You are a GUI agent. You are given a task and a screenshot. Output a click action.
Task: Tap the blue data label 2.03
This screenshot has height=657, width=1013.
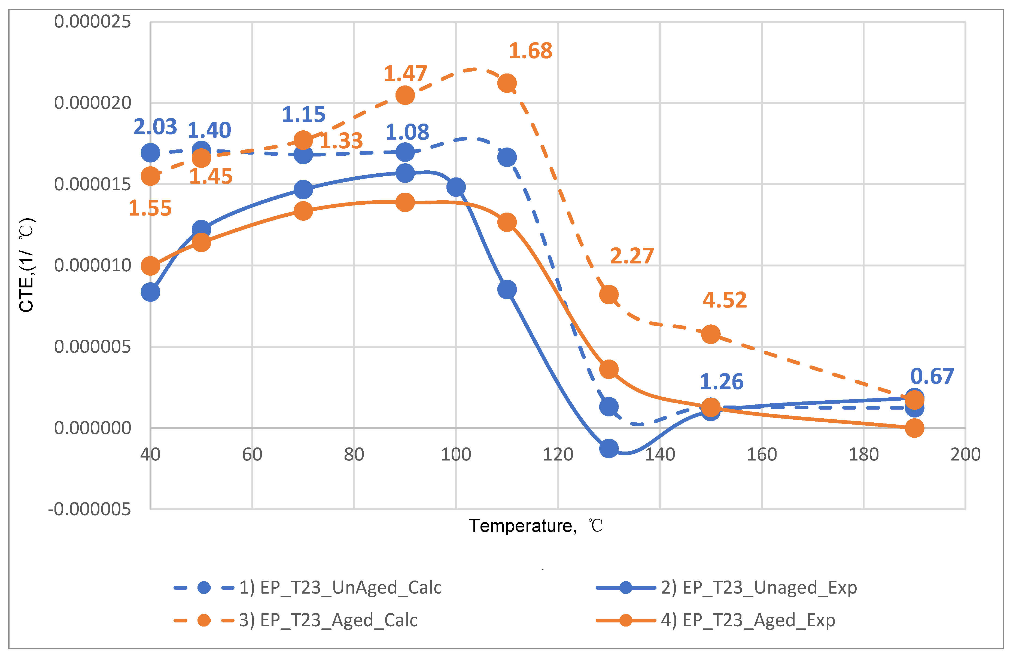coord(155,127)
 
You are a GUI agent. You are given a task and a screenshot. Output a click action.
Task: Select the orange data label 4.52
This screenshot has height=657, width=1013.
coord(725,300)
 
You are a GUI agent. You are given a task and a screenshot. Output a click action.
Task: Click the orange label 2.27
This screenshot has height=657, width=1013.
coord(632,256)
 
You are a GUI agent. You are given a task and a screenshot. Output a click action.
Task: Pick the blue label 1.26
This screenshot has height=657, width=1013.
coord(722,382)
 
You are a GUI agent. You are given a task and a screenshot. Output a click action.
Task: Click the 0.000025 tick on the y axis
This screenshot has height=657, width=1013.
coord(92,22)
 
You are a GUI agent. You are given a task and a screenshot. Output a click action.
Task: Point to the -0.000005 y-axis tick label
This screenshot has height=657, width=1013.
coord(89,509)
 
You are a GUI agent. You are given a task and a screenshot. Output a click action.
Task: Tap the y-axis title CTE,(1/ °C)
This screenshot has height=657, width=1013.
coord(27,265)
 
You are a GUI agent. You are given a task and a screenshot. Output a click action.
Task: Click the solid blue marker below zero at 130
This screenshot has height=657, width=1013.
coord(609,448)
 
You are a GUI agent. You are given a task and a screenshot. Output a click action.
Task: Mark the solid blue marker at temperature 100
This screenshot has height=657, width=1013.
coord(456,187)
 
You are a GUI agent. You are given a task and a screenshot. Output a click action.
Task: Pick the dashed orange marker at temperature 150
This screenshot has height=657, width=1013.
coord(710,334)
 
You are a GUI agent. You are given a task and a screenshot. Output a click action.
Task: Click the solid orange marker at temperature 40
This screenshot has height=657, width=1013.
coord(150,266)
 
